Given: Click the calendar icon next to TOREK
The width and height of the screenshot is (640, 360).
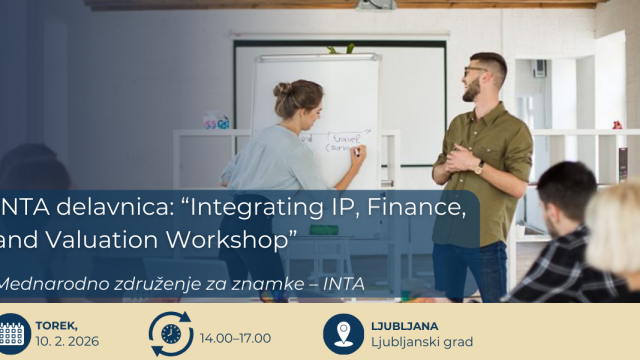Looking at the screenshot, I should [11, 334].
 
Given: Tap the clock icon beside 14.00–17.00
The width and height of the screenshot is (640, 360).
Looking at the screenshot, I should [171, 334].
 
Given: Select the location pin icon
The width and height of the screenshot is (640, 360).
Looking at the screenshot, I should [344, 332].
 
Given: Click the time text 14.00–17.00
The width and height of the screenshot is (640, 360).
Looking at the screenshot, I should [237, 339].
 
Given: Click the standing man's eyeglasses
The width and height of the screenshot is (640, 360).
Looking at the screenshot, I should [476, 71].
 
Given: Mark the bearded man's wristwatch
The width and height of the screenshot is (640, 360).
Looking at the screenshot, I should [480, 167].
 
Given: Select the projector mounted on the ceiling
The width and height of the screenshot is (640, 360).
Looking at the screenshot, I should [375, 4].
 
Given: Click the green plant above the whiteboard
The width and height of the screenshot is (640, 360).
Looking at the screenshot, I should [333, 48].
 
